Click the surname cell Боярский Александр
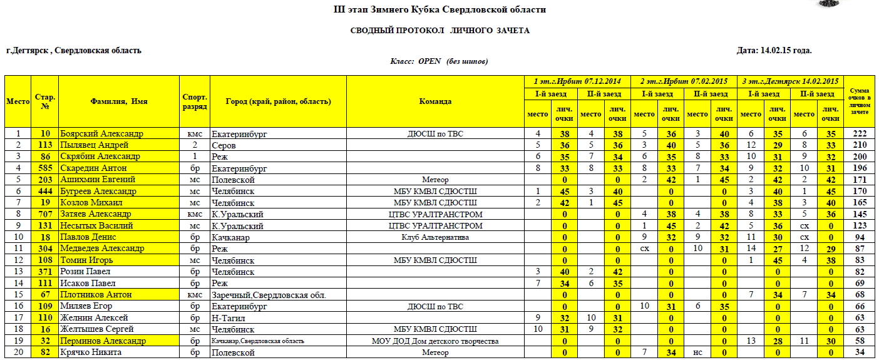[x=101, y=134]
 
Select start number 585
[x=45, y=168]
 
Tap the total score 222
[x=860, y=134]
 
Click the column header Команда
[x=435, y=101]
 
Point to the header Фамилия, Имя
[x=119, y=101]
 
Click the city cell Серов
[x=224, y=145]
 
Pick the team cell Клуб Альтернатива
[x=435, y=237]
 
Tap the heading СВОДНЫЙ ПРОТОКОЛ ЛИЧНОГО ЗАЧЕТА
[x=439, y=31]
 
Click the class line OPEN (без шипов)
[x=439, y=61]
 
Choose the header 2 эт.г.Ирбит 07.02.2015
[x=684, y=81]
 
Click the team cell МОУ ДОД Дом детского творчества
[x=435, y=341]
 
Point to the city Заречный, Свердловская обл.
[x=269, y=295]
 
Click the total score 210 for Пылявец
[x=860, y=145]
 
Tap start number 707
[x=45, y=214]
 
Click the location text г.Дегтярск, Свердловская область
[x=74, y=51]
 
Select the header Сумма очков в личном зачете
[x=860, y=101]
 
